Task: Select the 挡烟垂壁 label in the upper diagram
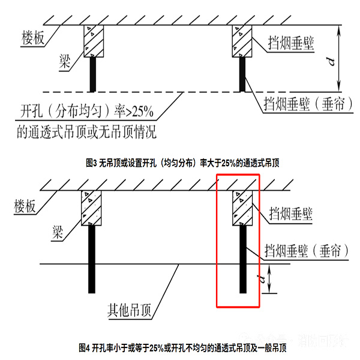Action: (292, 43)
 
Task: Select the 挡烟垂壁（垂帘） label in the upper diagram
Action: (304, 104)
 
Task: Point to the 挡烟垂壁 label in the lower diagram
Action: (292, 213)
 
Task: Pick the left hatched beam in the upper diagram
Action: (92, 41)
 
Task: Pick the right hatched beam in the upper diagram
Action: (242, 41)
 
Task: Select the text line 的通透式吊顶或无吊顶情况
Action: (88, 130)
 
